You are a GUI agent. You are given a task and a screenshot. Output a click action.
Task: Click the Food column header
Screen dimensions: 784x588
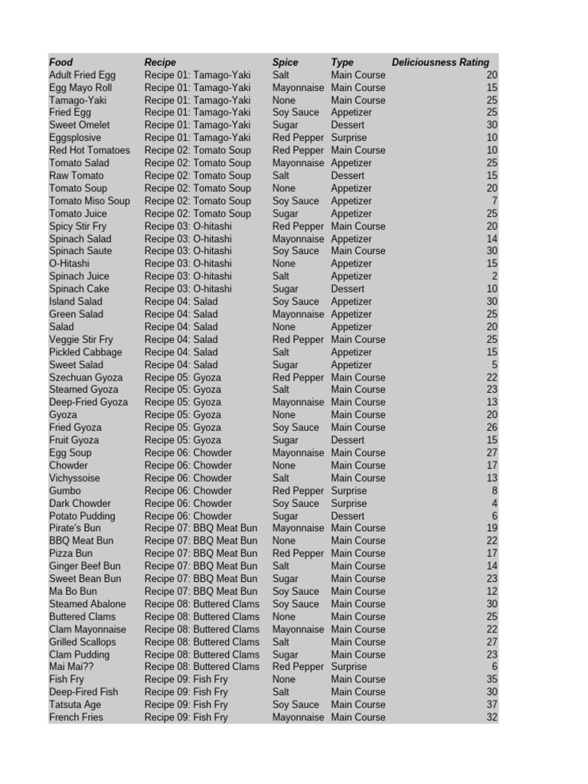(x=61, y=62)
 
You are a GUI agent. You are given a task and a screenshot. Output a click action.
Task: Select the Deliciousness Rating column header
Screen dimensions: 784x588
(x=440, y=62)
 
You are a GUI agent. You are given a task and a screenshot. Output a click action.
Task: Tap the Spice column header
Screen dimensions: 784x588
(x=286, y=62)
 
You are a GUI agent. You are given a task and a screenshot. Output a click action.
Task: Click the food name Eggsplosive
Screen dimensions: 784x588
(x=74, y=138)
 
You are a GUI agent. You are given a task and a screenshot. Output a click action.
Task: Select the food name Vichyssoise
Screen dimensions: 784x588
(x=74, y=478)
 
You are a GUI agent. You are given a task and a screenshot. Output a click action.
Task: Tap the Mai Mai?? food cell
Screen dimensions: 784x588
(x=70, y=667)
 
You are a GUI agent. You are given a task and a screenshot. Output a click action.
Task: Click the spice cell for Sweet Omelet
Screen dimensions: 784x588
(x=286, y=125)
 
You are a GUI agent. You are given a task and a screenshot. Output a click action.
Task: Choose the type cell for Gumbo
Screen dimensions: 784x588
(x=348, y=491)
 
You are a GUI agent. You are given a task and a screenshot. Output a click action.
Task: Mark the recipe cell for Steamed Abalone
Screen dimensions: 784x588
(x=201, y=604)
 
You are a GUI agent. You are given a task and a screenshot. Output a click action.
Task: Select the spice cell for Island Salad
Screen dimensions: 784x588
(x=296, y=302)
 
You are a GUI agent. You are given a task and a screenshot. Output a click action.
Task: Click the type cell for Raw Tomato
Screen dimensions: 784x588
(x=348, y=175)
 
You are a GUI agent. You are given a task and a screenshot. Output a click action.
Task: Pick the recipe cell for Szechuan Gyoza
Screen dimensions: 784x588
(x=183, y=377)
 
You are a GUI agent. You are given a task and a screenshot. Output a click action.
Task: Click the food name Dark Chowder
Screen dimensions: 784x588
(x=80, y=503)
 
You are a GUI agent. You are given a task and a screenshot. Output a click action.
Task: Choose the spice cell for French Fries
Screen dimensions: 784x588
(x=299, y=717)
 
